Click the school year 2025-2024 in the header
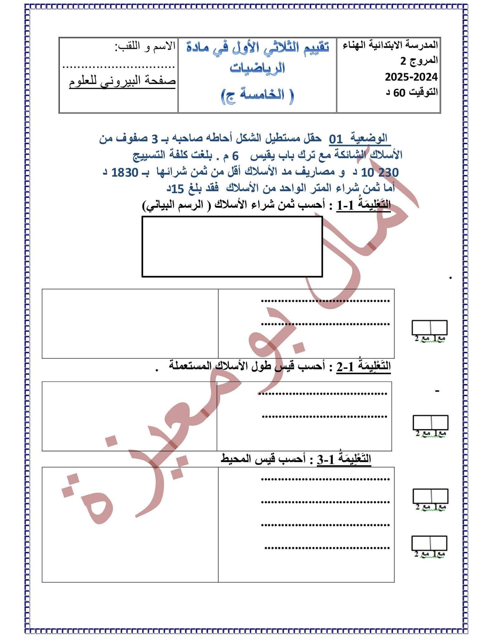[411, 77]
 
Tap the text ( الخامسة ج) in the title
[257, 94]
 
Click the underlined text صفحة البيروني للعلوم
[122, 82]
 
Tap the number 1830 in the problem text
[125, 172]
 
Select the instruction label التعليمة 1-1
[363, 205]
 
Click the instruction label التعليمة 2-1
[363, 367]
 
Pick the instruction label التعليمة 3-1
[344, 459]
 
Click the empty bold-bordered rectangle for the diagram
[232, 246]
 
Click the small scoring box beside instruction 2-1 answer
[430, 422]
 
